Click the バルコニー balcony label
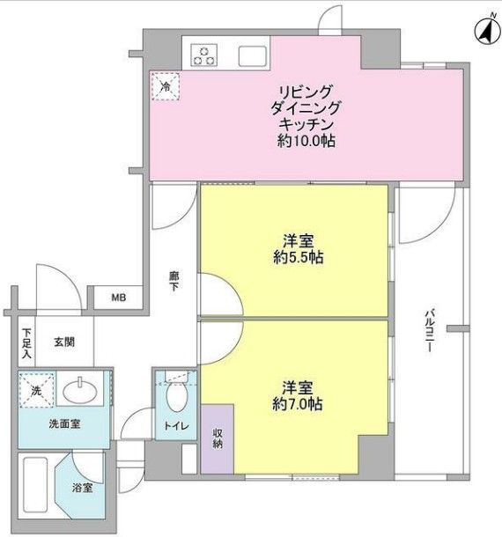pyautogui.click(x=429, y=330)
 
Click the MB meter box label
pyautogui.click(x=118, y=298)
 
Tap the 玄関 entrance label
pyautogui.click(x=63, y=342)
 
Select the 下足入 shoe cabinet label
pyautogui.click(x=27, y=343)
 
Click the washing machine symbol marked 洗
pyautogui.click(x=38, y=389)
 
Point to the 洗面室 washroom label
pyautogui.click(x=64, y=424)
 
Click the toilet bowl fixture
pyautogui.click(x=174, y=398)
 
